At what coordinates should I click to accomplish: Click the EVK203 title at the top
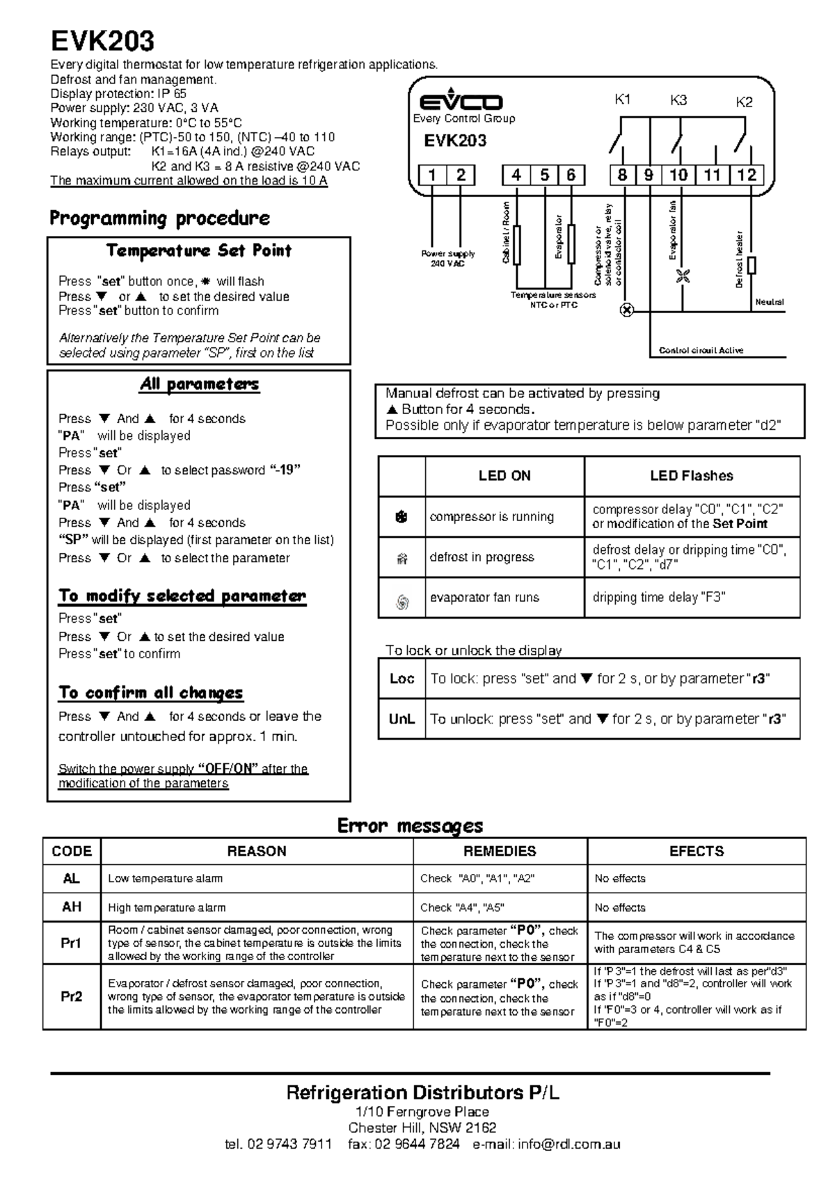point(102,42)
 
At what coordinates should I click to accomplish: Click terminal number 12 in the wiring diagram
point(747,175)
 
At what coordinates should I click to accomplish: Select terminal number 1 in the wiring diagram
point(433,175)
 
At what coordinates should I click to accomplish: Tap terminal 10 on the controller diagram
point(678,175)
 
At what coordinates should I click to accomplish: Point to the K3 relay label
point(678,100)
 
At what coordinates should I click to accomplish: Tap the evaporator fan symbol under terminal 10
point(683,276)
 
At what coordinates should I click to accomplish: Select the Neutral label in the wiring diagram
point(770,302)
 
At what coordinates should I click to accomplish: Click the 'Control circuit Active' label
point(701,351)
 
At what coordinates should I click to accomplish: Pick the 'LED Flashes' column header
point(691,476)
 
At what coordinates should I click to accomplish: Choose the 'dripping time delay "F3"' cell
point(658,598)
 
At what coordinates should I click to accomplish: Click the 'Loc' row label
point(402,679)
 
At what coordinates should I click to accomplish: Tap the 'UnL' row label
point(402,719)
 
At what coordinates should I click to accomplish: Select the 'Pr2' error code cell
point(72,997)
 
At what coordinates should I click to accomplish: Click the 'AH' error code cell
point(72,907)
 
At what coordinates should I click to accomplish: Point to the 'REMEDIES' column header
point(500,852)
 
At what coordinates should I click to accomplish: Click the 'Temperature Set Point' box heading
point(198,251)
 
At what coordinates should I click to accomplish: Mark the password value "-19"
point(285,470)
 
